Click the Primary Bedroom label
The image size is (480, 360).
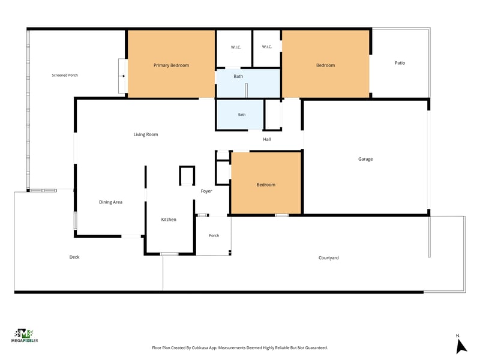(x=171, y=65)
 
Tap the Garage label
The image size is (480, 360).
(x=365, y=159)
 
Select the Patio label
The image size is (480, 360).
(x=400, y=63)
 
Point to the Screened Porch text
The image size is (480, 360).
(x=65, y=75)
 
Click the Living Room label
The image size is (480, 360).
(x=146, y=134)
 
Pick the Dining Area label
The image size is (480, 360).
(x=110, y=202)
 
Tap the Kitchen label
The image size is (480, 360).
(x=169, y=220)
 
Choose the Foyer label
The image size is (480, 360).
(x=206, y=191)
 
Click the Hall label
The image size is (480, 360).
(x=267, y=139)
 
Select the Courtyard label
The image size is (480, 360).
(x=328, y=258)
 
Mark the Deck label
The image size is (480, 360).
(x=74, y=257)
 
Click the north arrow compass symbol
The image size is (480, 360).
(x=460, y=346)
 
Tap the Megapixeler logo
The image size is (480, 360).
(x=25, y=335)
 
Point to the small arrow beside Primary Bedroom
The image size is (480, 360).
(x=123, y=76)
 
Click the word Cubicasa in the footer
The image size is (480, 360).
(x=200, y=348)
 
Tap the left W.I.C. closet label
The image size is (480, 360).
(x=236, y=47)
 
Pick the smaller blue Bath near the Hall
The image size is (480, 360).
(x=240, y=115)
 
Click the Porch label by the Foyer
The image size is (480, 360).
(x=214, y=235)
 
